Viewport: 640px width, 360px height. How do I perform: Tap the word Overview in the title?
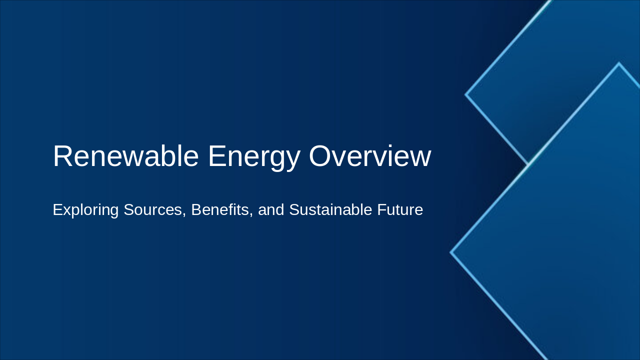[x=370, y=156]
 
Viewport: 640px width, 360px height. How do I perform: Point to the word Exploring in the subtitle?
[x=85, y=210]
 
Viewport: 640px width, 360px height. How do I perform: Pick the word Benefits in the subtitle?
[x=220, y=210]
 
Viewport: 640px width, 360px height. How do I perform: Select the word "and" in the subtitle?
[x=271, y=210]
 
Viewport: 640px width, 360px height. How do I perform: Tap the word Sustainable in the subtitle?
[x=330, y=210]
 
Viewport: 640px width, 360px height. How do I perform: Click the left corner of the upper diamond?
[x=466, y=94]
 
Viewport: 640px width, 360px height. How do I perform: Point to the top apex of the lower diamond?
[x=619, y=63]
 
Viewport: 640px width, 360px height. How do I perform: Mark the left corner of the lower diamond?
[x=451, y=252]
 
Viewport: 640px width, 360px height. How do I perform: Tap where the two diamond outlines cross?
[x=528, y=164]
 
